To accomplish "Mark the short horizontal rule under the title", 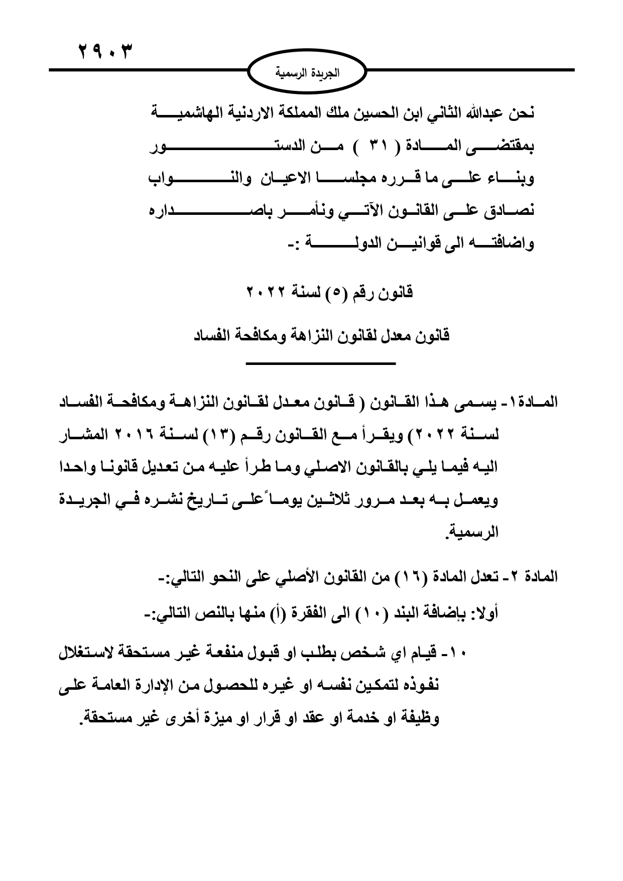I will coord(321,363).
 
